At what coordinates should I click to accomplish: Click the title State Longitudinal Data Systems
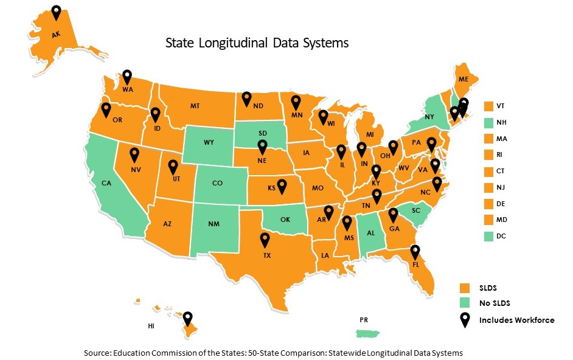[x=257, y=43]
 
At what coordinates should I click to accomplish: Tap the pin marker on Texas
[x=265, y=240]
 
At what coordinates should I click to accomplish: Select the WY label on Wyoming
[x=209, y=142]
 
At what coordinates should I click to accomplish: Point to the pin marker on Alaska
[x=57, y=12]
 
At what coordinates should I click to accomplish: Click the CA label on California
[x=106, y=182]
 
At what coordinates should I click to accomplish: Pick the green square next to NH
[x=488, y=122]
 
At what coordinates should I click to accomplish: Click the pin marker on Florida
[x=415, y=251]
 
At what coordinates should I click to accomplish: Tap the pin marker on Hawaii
[x=188, y=317]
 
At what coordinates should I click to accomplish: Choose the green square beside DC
[x=488, y=236]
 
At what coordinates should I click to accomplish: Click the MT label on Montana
[x=195, y=106]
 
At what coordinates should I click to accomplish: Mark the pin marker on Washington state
[x=127, y=76]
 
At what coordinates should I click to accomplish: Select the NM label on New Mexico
[x=214, y=224]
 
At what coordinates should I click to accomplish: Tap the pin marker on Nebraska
[x=262, y=146]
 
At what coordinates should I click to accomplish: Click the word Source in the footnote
[x=98, y=353]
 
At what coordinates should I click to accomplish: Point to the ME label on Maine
[x=464, y=79]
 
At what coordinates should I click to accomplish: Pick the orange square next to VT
[x=488, y=106]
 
